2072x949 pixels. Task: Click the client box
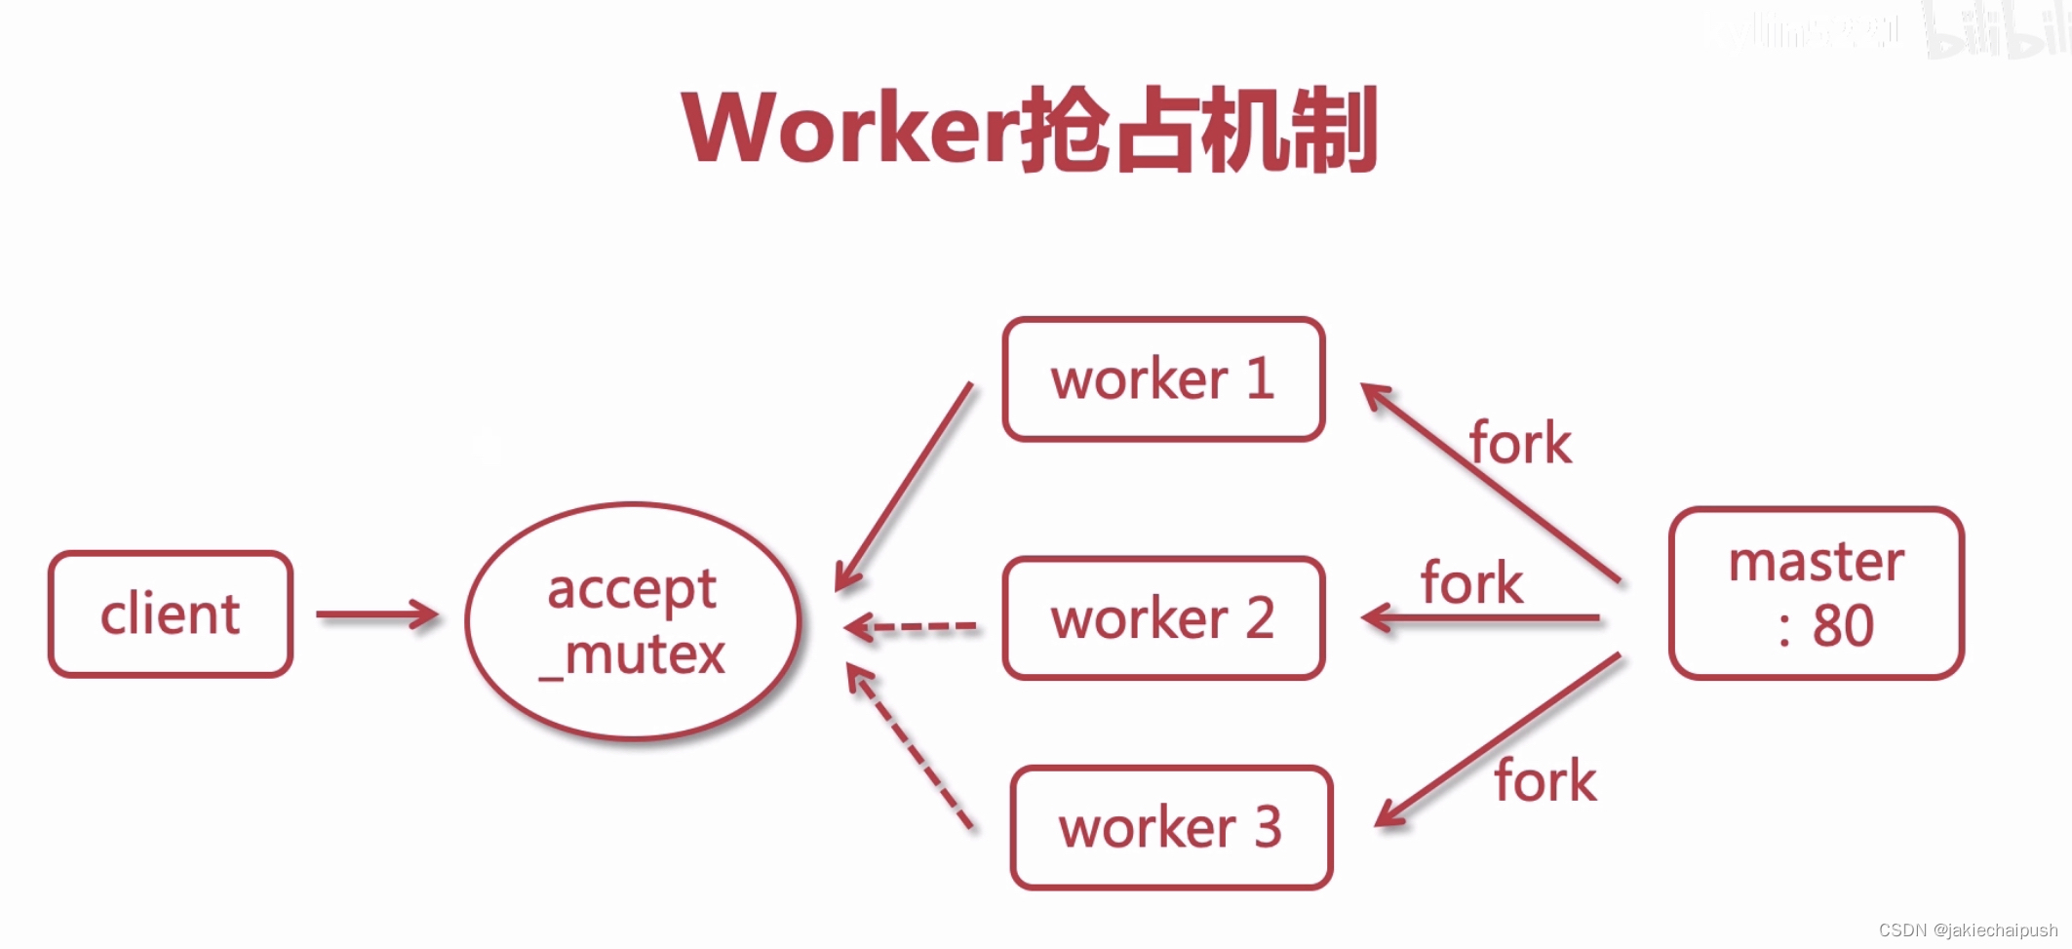pos(171,614)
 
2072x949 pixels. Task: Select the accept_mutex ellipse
pos(634,621)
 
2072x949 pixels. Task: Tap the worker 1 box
pos(1163,379)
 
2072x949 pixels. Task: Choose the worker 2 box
pos(1163,618)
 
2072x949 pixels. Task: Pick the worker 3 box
pos(1171,828)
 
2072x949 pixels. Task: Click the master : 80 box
pos(1816,593)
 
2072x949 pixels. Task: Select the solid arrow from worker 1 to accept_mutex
pos(905,486)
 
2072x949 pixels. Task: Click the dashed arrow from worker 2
pos(911,626)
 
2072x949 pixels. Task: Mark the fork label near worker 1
pos(1520,444)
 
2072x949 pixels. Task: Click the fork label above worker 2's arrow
pos(1471,583)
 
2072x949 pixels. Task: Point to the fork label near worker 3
pos(1545,781)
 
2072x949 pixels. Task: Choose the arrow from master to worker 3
pos(1497,740)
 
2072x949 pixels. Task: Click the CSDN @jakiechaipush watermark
pos(1968,930)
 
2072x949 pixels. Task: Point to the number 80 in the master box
pos(1843,625)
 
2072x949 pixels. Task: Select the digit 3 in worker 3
pos(1268,827)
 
